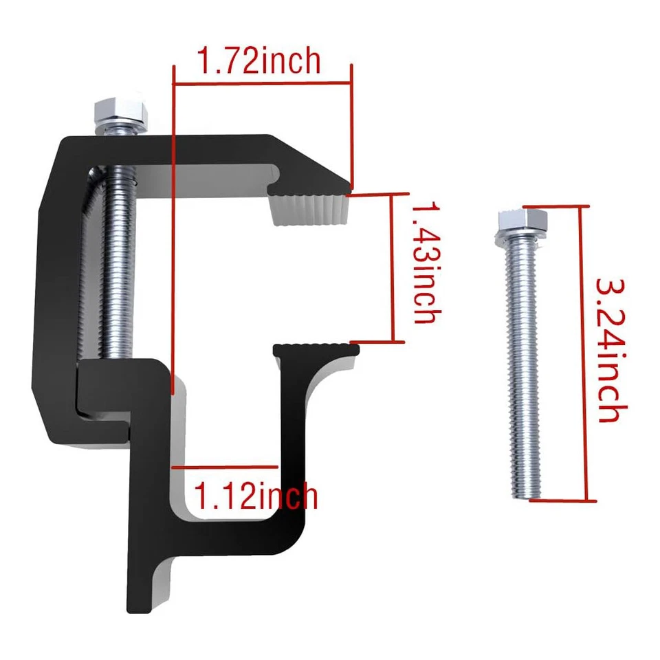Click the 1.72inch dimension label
point(259,60)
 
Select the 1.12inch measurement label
point(256,494)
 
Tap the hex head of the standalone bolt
point(520,219)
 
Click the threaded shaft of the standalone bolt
point(521,371)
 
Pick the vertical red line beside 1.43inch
point(393,268)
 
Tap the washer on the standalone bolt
point(520,234)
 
